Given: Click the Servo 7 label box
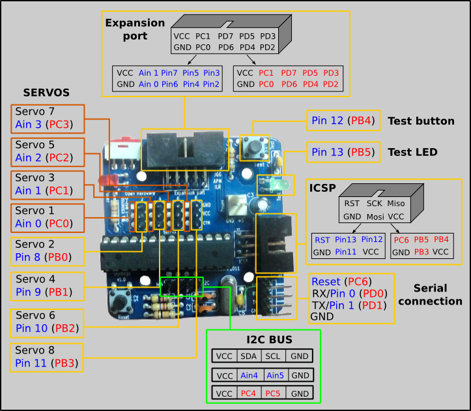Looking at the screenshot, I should (48, 118).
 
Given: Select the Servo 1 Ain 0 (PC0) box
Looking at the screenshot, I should (48, 218).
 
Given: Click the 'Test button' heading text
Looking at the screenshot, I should (421, 121).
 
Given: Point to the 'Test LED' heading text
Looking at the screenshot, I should (412, 152).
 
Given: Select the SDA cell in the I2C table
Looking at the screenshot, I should (249, 356).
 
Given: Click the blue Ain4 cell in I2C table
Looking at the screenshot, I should (249, 376).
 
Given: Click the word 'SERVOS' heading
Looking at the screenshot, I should (46, 93).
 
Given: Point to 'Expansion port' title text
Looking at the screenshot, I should (136, 29).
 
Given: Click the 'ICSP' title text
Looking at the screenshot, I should (322, 189).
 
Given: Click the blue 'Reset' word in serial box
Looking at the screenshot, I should (326, 281).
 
